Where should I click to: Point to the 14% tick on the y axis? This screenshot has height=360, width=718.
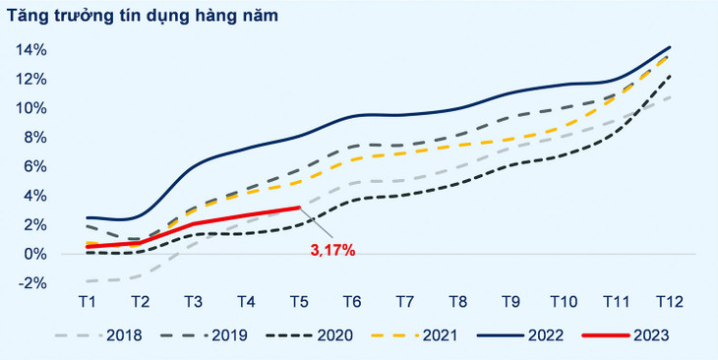[x=31, y=49]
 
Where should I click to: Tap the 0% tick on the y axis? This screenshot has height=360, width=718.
[x=34, y=254]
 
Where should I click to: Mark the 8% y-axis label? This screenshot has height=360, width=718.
[x=34, y=137]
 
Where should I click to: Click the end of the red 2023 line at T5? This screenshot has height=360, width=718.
[x=299, y=208]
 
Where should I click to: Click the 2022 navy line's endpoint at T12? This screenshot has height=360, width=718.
[x=670, y=47]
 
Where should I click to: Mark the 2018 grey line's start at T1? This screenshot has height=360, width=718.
[x=88, y=281]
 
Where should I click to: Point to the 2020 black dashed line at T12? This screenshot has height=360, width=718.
[x=670, y=76]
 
